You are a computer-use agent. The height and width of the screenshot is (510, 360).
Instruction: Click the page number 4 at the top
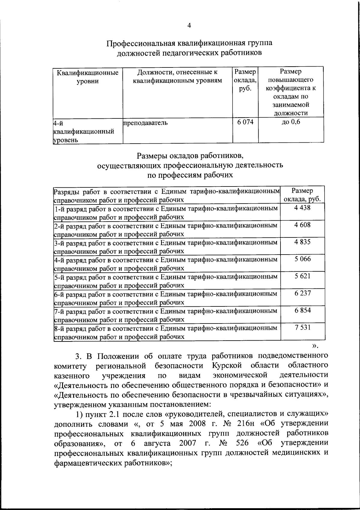tap(189, 26)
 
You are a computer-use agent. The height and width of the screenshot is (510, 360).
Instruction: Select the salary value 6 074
tap(245, 122)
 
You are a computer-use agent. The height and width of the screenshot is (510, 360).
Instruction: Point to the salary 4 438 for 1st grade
tap(302, 207)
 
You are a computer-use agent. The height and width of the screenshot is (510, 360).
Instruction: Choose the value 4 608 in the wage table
tap(302, 225)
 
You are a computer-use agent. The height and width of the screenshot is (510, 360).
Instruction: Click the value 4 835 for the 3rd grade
tap(302, 242)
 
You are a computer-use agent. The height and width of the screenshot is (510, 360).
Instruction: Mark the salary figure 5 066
tap(302, 259)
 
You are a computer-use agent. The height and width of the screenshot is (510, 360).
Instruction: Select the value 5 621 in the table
tap(302, 276)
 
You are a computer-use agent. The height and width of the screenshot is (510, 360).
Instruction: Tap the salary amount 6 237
tap(302, 293)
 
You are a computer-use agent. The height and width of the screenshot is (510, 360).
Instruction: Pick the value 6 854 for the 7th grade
tap(302, 310)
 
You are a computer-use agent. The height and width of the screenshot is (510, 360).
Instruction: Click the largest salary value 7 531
tap(302, 327)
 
